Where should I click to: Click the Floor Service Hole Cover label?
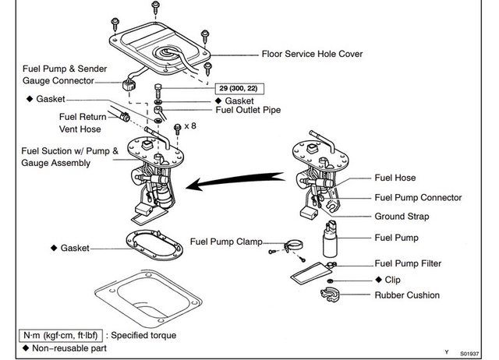[x=312, y=54]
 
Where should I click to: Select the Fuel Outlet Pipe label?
[x=248, y=110]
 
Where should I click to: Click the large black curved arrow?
[x=235, y=182]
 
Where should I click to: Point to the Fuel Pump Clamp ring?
[x=293, y=245]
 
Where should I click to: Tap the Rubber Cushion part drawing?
[x=331, y=295]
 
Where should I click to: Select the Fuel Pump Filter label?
[x=408, y=263]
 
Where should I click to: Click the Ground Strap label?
[x=402, y=217]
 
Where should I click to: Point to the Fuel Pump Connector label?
[x=418, y=197]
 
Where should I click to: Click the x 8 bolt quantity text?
[x=190, y=126]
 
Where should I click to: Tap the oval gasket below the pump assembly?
[x=154, y=245]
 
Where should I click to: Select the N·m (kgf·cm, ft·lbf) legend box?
[x=61, y=336]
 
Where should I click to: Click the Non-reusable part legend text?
[x=69, y=348]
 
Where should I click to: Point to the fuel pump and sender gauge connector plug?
[x=129, y=84]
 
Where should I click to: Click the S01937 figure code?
[x=469, y=354]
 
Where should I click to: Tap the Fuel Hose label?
[x=395, y=178]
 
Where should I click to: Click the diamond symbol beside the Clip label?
[x=378, y=279]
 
